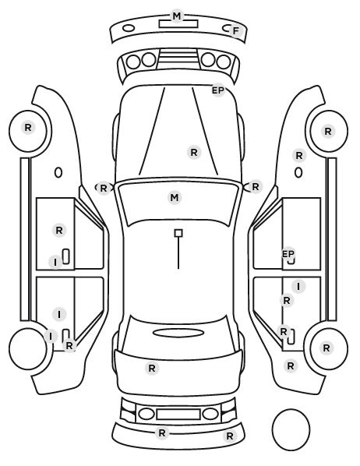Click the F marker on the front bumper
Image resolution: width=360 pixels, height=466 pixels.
[236, 31]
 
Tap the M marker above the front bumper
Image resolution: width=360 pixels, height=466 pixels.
[177, 16]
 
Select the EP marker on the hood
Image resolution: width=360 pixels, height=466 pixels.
[218, 90]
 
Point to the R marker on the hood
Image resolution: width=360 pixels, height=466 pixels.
[194, 153]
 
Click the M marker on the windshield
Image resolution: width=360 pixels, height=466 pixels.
[175, 198]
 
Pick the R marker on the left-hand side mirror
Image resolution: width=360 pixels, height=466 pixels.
[103, 189]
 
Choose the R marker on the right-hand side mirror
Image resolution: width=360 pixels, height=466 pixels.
[256, 187]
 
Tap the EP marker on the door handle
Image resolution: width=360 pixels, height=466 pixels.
[288, 254]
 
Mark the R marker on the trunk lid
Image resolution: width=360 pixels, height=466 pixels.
[152, 369]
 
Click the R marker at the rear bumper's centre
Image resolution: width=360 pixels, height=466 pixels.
[162, 433]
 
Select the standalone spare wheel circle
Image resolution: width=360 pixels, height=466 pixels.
[291, 429]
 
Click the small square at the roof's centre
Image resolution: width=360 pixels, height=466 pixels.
[178, 233]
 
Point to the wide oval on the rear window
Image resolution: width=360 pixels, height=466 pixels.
[178, 333]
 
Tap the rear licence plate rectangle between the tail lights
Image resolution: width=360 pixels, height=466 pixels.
[178, 415]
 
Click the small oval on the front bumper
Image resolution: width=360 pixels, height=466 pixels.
[129, 29]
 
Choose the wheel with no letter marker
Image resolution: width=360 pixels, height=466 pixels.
[28, 348]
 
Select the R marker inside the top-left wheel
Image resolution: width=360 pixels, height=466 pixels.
[28, 128]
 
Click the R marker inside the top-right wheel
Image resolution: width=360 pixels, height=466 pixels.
[327, 132]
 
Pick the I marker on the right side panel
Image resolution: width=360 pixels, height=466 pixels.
[298, 287]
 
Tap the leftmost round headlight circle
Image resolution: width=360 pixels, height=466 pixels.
[133, 62]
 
